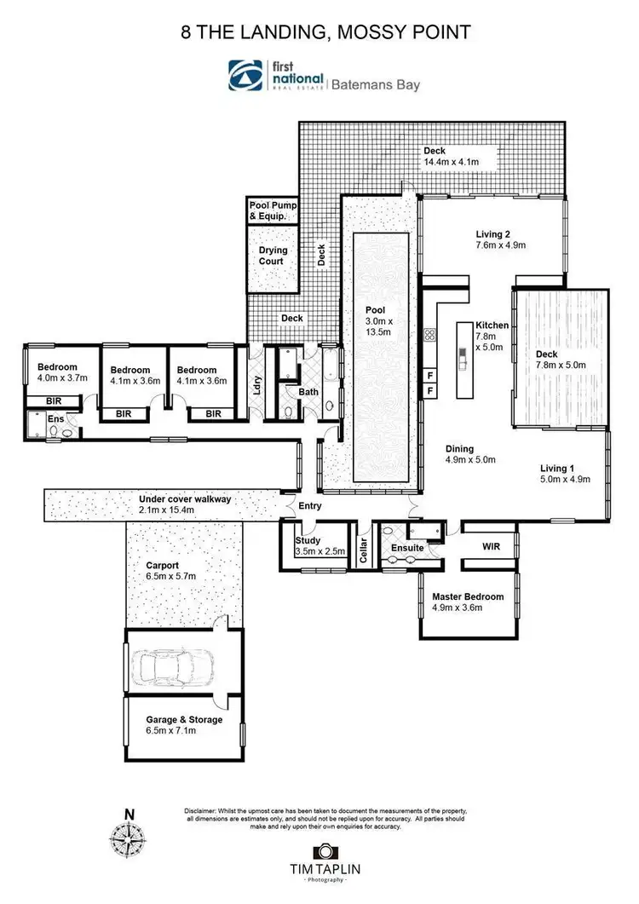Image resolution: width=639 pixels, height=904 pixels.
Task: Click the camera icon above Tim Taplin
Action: tap(323, 851)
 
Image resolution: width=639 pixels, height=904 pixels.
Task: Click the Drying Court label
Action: tap(273, 256)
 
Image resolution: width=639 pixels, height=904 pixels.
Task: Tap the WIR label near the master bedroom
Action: tap(492, 545)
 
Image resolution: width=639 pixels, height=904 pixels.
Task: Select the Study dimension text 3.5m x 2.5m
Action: tap(319, 551)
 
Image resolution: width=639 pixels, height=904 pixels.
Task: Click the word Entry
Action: tap(310, 506)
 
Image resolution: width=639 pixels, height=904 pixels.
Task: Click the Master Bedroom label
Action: tap(467, 596)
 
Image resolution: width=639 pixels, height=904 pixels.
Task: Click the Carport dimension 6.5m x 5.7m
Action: tap(170, 576)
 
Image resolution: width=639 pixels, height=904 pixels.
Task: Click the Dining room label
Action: tap(459, 449)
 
